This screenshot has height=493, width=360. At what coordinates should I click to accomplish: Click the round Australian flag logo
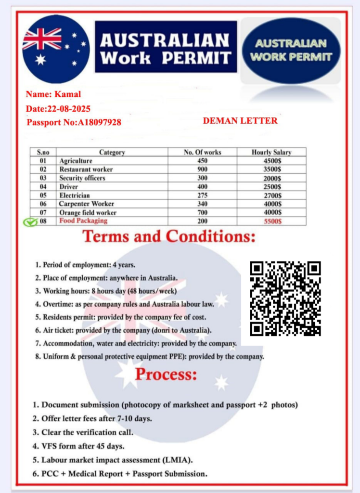pyautogui.click(x=56, y=49)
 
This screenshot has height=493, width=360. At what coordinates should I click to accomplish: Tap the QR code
pyautogui.click(x=285, y=298)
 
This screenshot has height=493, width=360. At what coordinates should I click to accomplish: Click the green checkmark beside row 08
pyautogui.click(x=30, y=222)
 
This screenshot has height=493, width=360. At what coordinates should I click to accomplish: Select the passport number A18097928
pyautogui.click(x=99, y=122)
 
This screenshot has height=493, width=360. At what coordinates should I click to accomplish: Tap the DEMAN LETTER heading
pyautogui.click(x=240, y=120)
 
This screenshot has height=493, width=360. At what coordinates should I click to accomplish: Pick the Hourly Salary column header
pyautogui.click(x=271, y=152)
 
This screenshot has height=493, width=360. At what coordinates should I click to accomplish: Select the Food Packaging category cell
pyautogui.click(x=83, y=221)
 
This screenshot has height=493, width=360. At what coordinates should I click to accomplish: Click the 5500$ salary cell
pyautogui.click(x=272, y=221)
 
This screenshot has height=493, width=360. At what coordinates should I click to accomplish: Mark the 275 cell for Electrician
pyautogui.click(x=202, y=195)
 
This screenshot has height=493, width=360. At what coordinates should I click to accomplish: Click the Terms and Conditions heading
pyautogui.click(x=169, y=237)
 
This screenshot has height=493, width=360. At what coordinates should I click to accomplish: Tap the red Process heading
pyautogui.click(x=166, y=374)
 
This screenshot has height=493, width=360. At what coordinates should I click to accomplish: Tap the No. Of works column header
pyautogui.click(x=202, y=152)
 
